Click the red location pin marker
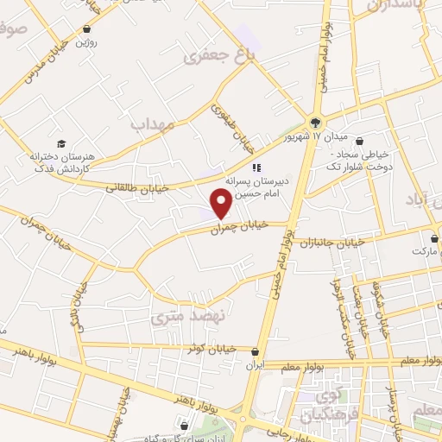[222, 203]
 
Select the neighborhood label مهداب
[153, 125]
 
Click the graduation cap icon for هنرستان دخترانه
[61, 143]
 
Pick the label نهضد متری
[187, 317]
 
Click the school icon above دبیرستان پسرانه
[256, 167]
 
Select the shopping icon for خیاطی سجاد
[359, 142]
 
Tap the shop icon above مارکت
[434, 237]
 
